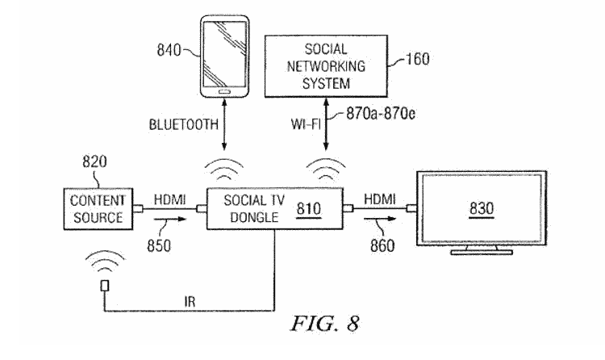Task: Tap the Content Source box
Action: point(96,208)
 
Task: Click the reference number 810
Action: point(309,208)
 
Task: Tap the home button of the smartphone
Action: point(227,90)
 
